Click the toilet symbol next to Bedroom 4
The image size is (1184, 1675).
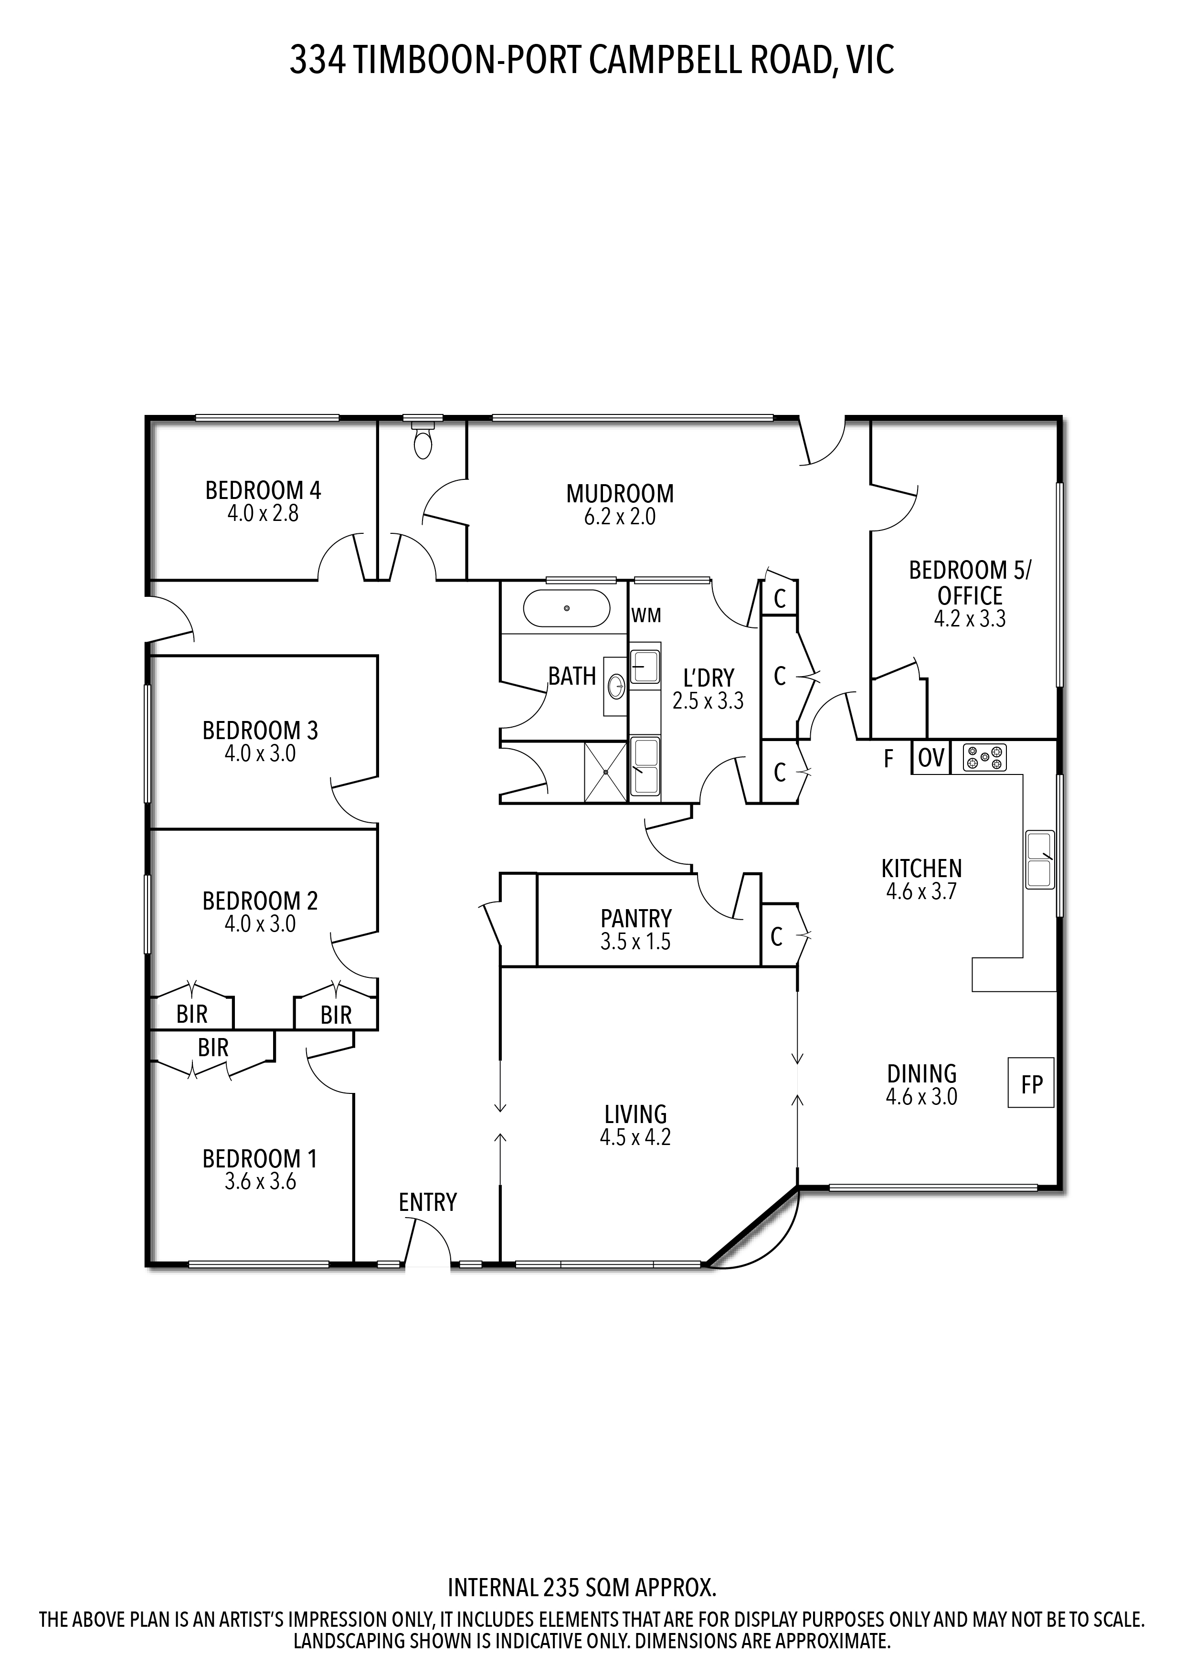(423, 438)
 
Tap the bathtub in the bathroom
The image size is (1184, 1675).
(567, 608)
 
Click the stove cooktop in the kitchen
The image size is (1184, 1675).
(984, 758)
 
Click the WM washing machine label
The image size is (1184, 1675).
(646, 616)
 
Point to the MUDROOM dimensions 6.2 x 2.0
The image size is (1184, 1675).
(620, 517)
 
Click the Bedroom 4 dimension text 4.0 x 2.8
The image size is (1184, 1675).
(263, 514)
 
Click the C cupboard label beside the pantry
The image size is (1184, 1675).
(776, 937)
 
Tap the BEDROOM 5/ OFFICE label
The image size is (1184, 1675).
(970, 582)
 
